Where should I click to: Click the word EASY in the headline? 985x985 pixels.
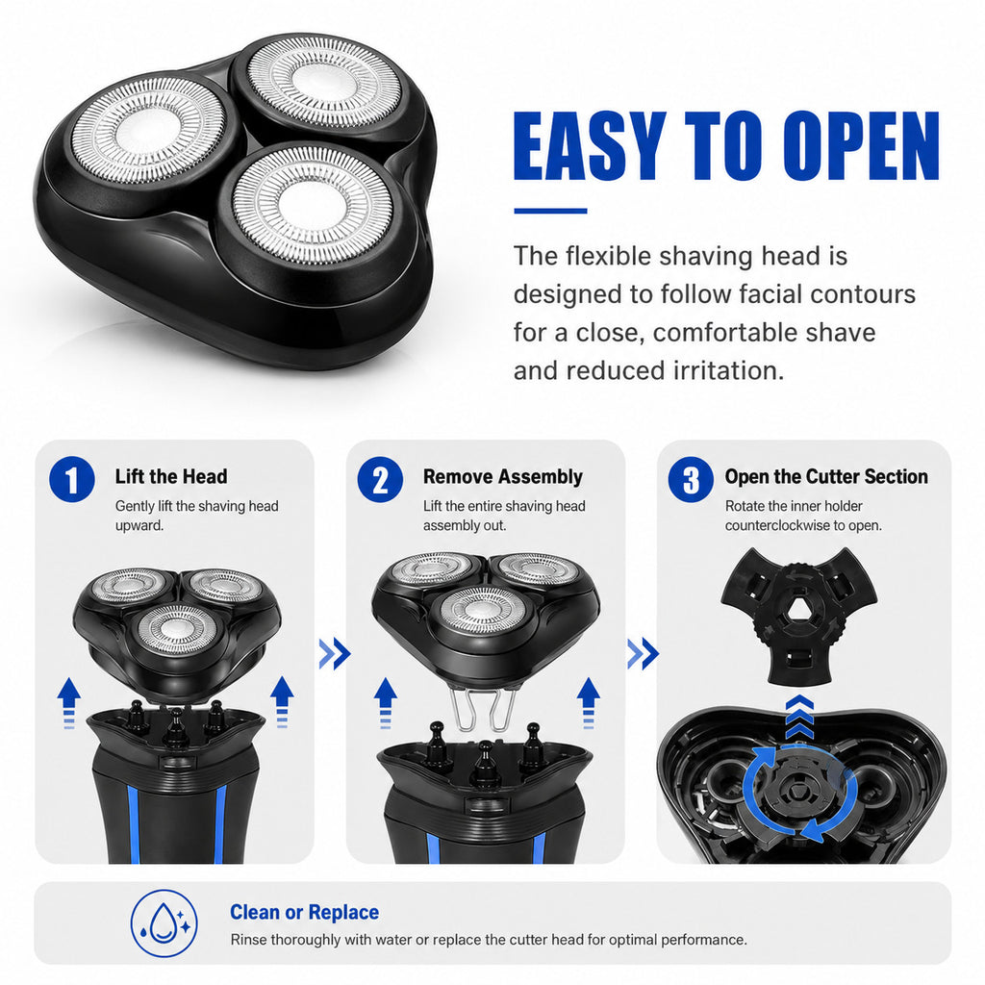click(590, 146)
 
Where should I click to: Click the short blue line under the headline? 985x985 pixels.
click(550, 211)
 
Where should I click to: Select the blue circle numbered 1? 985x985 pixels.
click(72, 479)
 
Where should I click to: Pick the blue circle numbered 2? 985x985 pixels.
click(380, 479)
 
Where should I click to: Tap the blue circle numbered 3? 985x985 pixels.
click(691, 479)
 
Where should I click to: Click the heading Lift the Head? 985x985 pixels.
click(171, 476)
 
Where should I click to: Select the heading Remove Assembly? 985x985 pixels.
click(502, 476)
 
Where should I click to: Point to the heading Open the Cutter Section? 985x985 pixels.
click(826, 476)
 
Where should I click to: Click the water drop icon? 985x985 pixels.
click(164, 922)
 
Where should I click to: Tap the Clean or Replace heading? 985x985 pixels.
click(304, 912)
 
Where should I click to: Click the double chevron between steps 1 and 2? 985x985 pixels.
click(334, 653)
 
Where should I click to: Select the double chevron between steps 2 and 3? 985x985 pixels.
click(643, 653)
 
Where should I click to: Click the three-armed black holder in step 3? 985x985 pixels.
click(798, 613)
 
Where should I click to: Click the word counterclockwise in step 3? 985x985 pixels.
click(785, 525)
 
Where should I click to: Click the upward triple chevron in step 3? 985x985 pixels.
click(799, 717)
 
